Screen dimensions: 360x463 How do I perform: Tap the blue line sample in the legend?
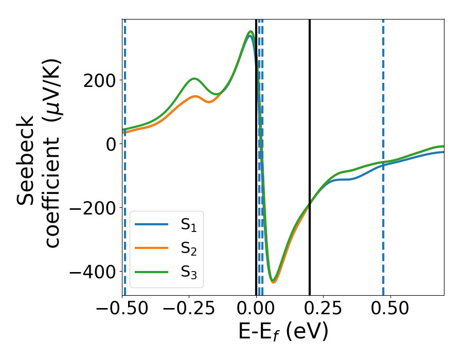151,224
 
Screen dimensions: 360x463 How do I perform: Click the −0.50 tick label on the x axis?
122,309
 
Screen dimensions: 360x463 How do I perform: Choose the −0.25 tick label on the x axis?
189,309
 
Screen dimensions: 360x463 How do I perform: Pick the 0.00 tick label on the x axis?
256,309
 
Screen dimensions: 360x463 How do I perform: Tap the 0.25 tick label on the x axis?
323,309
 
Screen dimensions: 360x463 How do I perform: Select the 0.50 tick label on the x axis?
390,309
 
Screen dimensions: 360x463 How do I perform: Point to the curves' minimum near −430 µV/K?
274,281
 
